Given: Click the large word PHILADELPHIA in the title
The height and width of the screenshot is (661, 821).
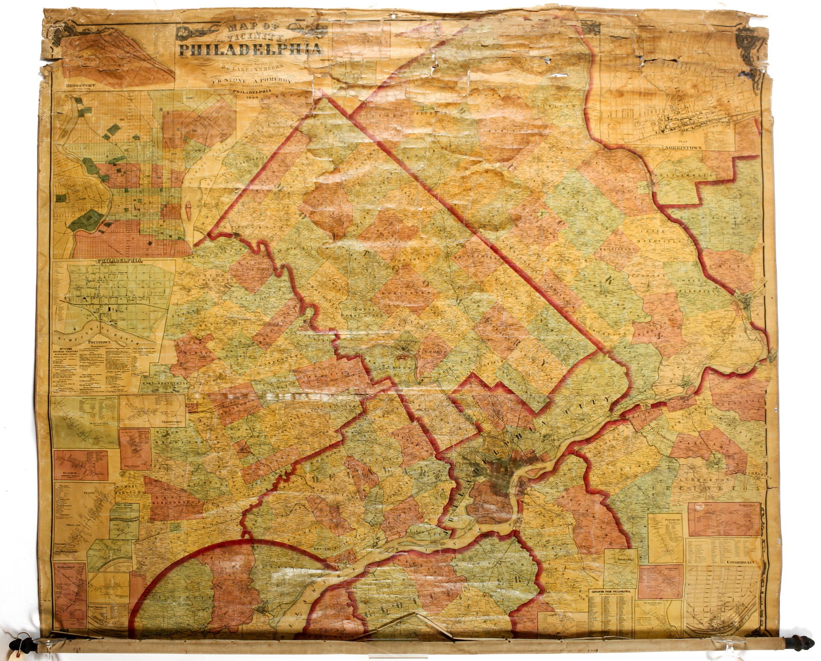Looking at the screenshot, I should [250, 50].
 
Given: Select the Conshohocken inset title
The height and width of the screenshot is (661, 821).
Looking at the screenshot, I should [742, 562].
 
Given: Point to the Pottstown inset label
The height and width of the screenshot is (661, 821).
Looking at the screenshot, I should [100, 341].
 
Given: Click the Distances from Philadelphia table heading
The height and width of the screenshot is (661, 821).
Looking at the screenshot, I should [611, 591].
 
